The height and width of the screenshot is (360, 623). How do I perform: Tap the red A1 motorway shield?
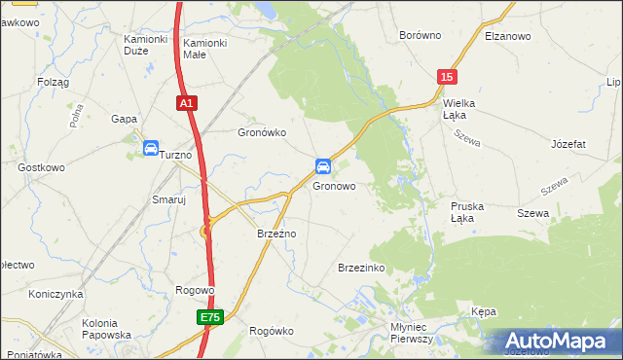[x=187, y=101]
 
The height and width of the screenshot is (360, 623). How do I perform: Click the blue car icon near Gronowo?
[x=322, y=165]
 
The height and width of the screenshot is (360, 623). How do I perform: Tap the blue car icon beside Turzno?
[x=151, y=148]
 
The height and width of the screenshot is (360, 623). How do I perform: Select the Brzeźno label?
[x=275, y=234]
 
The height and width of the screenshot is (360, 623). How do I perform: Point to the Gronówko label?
[x=262, y=132]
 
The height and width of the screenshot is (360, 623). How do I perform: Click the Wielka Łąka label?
[x=462, y=108]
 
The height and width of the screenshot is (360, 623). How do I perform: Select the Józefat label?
[x=568, y=144]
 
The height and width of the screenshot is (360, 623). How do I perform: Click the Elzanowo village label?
[x=506, y=36]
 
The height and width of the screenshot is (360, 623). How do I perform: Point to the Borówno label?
[x=421, y=35]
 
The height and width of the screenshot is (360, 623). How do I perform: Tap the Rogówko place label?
[x=272, y=331]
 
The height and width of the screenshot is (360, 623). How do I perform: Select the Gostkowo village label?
[x=41, y=167]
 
